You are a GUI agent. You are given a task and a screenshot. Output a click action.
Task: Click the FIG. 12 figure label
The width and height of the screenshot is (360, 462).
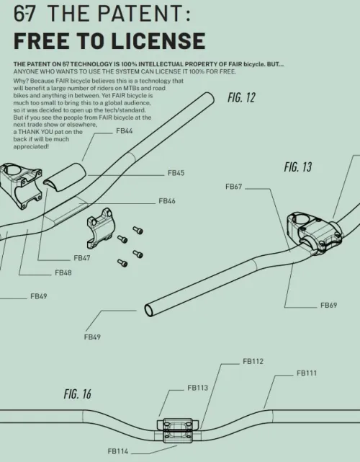coord(241,97)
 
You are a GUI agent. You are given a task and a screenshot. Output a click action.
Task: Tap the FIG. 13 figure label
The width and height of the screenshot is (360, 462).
coord(298,166)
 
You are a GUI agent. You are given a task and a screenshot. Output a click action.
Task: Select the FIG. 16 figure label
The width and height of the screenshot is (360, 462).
coord(78,394)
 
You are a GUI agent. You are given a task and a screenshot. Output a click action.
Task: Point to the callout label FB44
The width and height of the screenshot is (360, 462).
coord(125,131)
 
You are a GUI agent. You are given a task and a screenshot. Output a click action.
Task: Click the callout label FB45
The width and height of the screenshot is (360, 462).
coord(176,173)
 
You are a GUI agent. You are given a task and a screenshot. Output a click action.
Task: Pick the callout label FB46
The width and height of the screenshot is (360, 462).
coord(167,201)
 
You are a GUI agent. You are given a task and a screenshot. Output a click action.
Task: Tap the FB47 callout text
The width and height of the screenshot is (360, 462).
coord(82,258)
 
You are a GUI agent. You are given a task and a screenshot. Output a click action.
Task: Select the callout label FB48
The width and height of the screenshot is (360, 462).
coord(63,273)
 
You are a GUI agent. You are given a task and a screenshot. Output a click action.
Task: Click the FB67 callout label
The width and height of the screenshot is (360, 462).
coord(234,187)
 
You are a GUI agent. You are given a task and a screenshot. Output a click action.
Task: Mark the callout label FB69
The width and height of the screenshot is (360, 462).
coord(329,306)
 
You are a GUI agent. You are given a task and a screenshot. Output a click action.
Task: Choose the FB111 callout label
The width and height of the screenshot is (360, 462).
coord(307,373)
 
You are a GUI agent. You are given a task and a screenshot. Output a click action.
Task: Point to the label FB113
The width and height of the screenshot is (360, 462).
coord(198,388)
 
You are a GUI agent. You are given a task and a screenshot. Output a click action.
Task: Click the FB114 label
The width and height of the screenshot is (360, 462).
coord(118,451)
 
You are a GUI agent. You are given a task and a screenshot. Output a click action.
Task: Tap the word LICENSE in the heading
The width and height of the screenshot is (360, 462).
coord(158,41)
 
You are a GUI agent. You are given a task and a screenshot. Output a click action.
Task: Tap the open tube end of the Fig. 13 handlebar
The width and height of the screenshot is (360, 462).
coord(149,311)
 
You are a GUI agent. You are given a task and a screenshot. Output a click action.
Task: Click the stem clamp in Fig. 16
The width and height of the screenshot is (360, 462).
coord(176,430)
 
